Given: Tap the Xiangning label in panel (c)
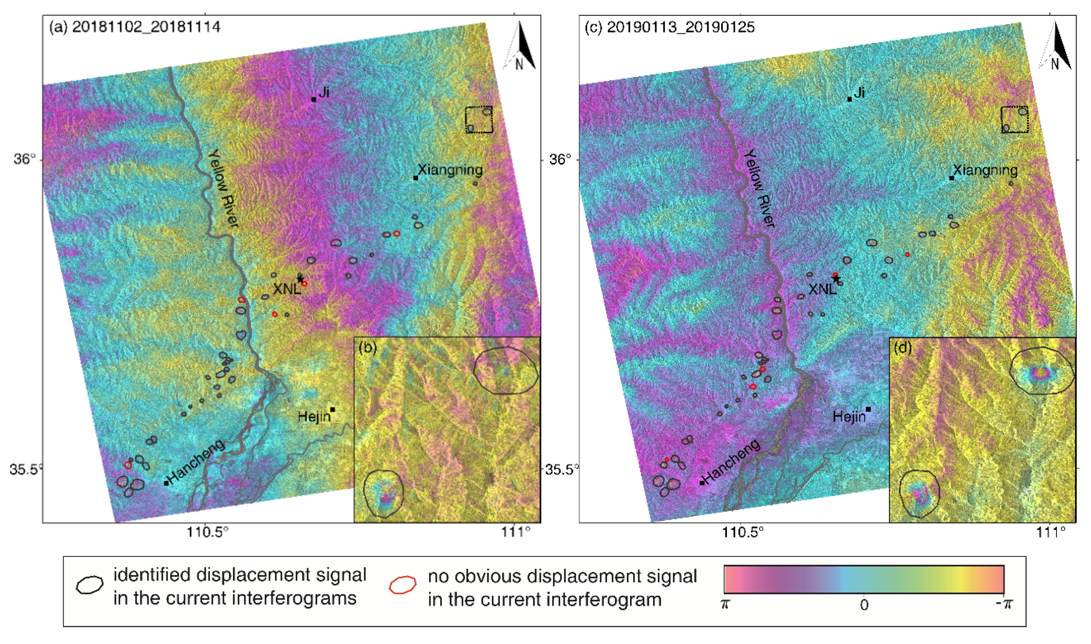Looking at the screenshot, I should [985, 170].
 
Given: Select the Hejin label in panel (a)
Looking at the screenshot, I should [314, 417].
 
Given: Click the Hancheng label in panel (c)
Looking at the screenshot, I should [732, 461].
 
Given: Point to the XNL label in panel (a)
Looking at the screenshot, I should [286, 289].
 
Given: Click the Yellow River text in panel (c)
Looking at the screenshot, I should [759, 189].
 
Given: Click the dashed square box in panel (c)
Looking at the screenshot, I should [1015, 119].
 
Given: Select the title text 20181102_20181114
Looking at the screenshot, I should [146, 27].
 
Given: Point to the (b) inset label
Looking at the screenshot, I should [368, 348].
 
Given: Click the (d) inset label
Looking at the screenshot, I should [903, 348].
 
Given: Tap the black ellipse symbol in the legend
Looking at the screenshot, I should [90, 585].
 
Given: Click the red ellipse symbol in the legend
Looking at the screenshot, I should [402, 585].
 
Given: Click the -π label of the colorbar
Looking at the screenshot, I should [1004, 604].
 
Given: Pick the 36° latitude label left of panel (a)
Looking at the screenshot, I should [23, 159].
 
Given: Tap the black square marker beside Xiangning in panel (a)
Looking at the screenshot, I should [415, 178].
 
